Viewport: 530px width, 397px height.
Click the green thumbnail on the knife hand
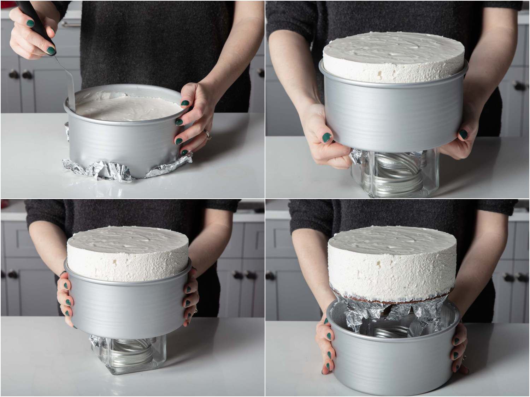coord(52,50)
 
